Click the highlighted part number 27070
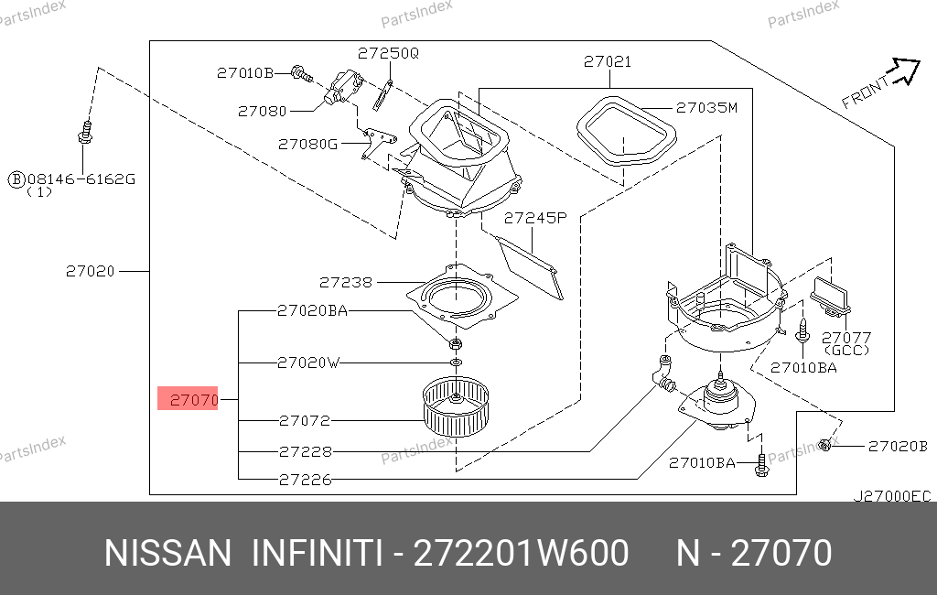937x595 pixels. tap(194, 399)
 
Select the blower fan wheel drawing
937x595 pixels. tap(456, 406)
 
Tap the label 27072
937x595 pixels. tap(305, 421)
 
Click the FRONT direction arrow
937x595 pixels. tap(904, 70)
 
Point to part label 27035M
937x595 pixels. tap(706, 108)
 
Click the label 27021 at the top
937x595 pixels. tap(608, 61)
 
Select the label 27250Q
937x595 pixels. tap(388, 53)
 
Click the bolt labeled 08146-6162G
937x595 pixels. tap(85, 134)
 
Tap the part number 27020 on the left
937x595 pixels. tap(91, 272)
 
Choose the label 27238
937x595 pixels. tap(345, 282)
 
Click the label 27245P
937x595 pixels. tap(534, 218)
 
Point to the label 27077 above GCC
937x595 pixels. tap(846, 338)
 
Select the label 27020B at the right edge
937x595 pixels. tap(898, 446)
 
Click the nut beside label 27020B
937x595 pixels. tap(825, 445)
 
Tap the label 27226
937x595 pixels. tap(305, 480)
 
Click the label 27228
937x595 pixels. tap(306, 451)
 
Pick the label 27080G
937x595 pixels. tap(307, 144)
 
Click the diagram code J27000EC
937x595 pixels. tap(891, 496)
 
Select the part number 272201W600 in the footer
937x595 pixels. tap(521, 553)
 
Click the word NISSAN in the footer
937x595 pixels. tap(168, 553)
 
